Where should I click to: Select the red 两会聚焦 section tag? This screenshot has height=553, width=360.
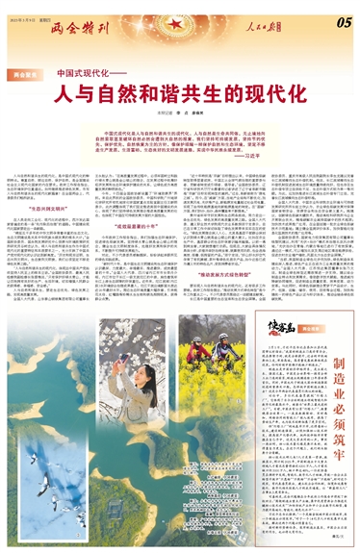coord(25,73)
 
